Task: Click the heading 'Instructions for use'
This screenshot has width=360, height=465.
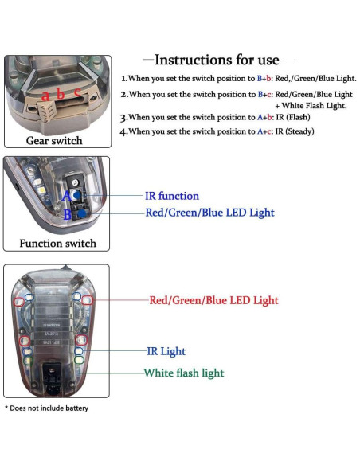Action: [217, 60]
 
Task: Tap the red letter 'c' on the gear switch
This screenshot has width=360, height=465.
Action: [77, 92]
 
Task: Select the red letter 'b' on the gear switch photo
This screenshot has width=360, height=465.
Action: [61, 93]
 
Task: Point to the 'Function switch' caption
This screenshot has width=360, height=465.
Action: [57, 243]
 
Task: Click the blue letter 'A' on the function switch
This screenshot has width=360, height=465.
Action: [66, 196]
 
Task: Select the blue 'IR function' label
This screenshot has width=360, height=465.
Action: [171, 196]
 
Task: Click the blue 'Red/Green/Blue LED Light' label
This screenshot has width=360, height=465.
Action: [209, 213]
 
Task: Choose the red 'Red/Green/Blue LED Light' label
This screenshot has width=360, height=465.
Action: [213, 300]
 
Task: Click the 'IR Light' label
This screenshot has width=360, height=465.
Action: [166, 350]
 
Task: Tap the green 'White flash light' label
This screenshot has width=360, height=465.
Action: [183, 373]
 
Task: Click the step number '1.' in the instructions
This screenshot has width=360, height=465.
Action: [124, 79]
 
